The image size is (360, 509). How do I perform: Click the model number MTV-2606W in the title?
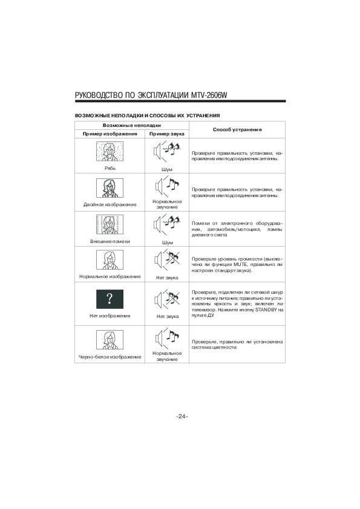[207, 95]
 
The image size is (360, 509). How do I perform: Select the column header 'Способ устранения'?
[237, 129]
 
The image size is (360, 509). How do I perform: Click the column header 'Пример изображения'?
[110, 134]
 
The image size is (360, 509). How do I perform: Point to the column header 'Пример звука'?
[166, 134]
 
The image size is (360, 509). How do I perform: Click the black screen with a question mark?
[110, 299]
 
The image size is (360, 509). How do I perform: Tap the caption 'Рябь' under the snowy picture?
[110, 168]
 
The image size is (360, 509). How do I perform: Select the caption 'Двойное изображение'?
[110, 204]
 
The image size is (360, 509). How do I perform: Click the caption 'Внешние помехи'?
[110, 241]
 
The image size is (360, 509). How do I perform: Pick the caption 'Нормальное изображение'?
[110, 277]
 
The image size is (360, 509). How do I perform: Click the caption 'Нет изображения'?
[110, 316]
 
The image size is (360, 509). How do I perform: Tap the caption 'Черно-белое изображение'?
[110, 357]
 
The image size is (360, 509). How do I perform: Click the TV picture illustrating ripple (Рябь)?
[110, 152]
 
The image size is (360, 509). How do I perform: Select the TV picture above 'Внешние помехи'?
[110, 225]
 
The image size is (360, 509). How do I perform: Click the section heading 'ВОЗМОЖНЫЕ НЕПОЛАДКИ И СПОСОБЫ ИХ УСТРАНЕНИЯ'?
[147, 115]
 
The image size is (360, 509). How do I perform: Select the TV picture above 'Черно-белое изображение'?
[110, 340]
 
